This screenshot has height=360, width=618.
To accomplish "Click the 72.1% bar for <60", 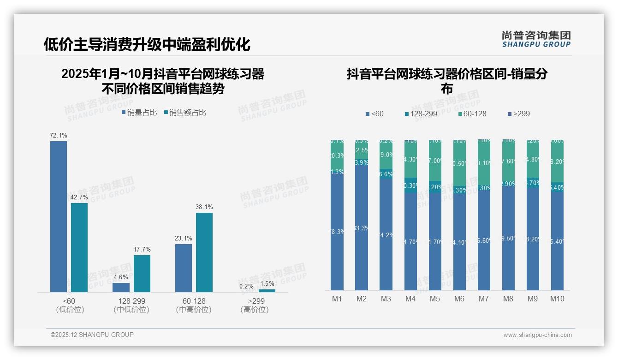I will (59, 216).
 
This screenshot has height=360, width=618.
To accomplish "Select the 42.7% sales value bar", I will (79, 247).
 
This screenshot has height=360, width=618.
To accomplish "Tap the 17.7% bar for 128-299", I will (142, 274).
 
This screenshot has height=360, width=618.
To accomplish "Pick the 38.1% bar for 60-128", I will (204, 252).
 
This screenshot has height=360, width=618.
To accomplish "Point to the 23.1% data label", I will (184, 239).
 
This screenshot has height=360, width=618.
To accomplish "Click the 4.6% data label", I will (121, 277).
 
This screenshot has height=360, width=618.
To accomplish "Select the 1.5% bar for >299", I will (267, 290).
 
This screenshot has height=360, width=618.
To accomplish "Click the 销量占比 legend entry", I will (140, 113).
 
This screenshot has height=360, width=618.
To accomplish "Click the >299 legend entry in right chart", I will (519, 114).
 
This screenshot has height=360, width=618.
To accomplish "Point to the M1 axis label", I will (337, 299).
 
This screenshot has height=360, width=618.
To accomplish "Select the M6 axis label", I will (459, 299).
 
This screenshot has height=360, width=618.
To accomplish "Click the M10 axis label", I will (557, 299).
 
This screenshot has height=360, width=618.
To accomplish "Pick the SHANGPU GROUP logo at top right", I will (536, 39).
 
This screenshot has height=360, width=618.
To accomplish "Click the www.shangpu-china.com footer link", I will (537, 335).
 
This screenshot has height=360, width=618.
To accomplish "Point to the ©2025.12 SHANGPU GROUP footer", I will (92, 335).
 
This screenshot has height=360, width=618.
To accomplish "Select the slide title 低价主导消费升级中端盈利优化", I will (147, 45).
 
